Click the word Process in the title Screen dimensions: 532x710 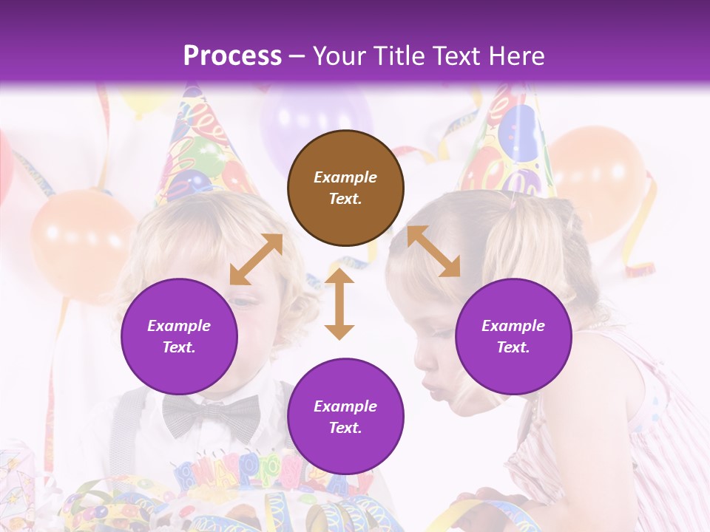coord(232,56)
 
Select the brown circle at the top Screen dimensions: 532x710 coord(345,188)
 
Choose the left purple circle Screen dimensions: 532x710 coord(179,336)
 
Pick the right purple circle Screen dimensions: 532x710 coord(513,336)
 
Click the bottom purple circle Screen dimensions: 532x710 coord(345,417)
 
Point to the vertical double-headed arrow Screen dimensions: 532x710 coord(339,304)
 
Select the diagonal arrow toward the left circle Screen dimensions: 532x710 coord(256,259)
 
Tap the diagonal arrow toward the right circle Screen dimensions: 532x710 coord(433,251)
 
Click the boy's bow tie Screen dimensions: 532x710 coord(212,416)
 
